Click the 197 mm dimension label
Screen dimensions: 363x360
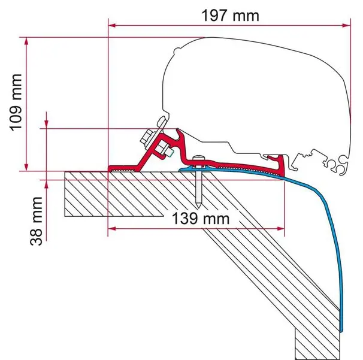coord(231,16)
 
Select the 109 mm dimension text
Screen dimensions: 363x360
coord(16,103)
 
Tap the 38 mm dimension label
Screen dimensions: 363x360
coord(36,221)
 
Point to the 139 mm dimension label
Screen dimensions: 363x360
coord(201,219)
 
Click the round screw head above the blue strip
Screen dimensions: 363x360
coord(199,158)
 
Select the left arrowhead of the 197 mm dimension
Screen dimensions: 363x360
coord(112,25)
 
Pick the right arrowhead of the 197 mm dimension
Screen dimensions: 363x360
coord(347,25)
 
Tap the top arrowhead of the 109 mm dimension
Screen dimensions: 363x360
coord(26,41)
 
